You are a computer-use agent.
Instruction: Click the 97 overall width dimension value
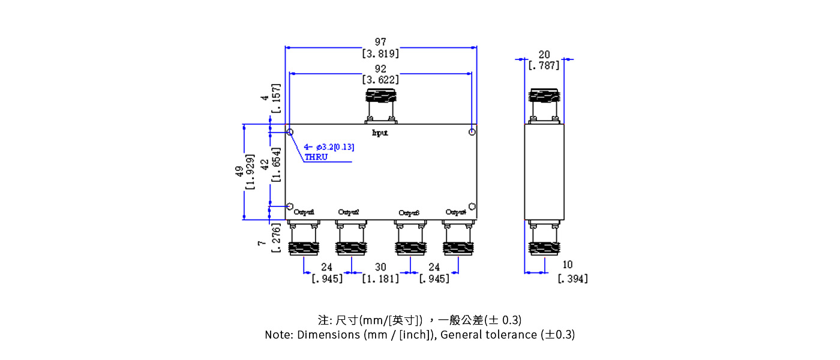[380, 42]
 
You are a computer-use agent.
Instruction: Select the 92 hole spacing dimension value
[380, 68]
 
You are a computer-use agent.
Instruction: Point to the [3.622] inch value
[380, 79]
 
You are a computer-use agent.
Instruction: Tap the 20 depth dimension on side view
[544, 55]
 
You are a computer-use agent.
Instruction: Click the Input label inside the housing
[380, 133]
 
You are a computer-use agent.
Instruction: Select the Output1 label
[304, 212]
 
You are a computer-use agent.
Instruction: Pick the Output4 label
[456, 212]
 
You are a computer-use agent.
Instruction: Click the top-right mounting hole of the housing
[473, 132]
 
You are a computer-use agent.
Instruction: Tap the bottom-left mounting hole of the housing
[290, 206]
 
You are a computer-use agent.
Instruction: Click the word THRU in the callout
[316, 157]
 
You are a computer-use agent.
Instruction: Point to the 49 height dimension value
[239, 172]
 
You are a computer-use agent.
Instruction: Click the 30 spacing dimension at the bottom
[380, 267]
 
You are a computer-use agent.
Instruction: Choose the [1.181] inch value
[380, 278]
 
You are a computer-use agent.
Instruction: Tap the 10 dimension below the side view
[567, 265]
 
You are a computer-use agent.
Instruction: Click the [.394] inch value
[572, 278]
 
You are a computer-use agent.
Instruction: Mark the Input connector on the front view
[380, 105]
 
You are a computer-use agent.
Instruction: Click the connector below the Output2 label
[350, 240]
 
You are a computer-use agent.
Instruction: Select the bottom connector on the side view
[544, 240]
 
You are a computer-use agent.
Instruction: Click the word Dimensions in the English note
[329, 335]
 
